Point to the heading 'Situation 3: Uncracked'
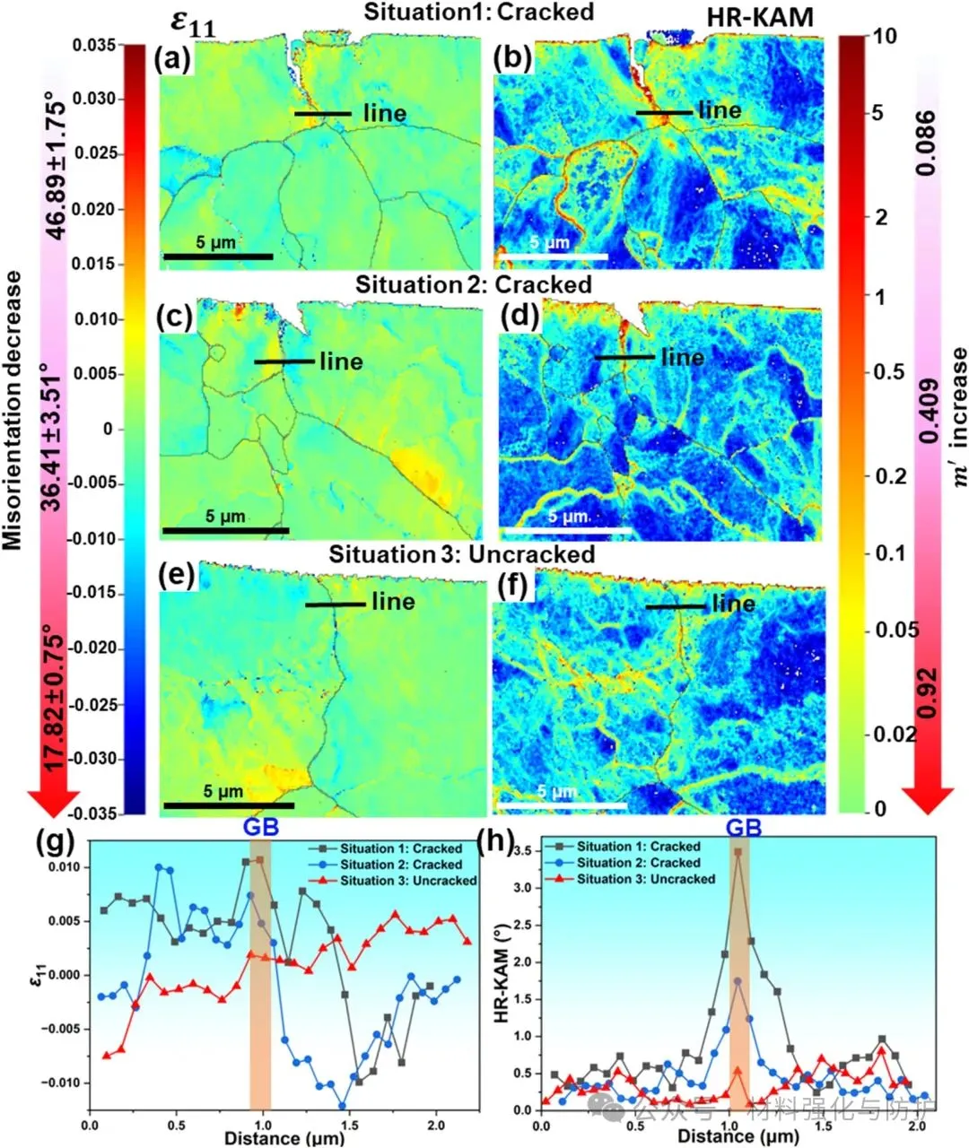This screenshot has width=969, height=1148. [x=461, y=554]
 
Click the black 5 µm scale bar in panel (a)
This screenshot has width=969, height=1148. [x=217, y=257]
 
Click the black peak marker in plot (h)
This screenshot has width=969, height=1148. [x=738, y=852]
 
